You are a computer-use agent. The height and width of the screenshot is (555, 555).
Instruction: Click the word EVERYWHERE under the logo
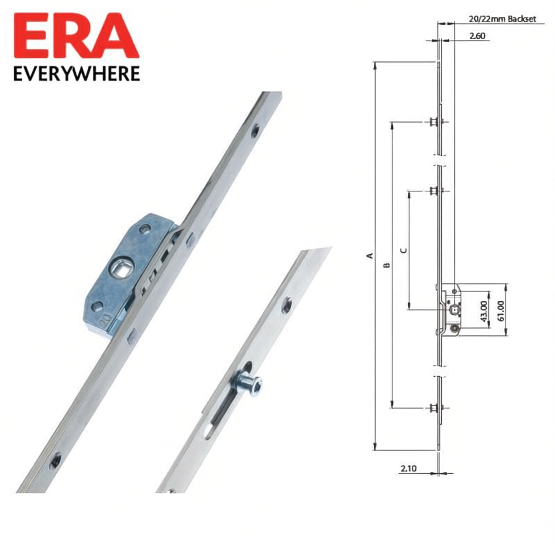(x=76, y=74)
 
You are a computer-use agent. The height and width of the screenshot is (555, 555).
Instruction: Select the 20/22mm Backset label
(x=502, y=19)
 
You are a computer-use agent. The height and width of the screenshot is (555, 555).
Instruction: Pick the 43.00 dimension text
(x=484, y=311)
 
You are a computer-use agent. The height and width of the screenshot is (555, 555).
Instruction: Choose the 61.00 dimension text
(x=500, y=311)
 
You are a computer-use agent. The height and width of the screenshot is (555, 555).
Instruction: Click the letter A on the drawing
(x=370, y=255)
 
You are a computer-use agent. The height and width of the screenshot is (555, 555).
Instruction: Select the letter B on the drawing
(x=386, y=265)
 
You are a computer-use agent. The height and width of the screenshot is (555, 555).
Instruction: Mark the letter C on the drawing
(x=403, y=250)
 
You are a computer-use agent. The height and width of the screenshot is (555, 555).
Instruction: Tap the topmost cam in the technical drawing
(x=434, y=121)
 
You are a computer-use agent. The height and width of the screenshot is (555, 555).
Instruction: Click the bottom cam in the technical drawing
(x=434, y=408)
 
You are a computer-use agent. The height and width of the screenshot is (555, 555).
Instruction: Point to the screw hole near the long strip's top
(x=255, y=130)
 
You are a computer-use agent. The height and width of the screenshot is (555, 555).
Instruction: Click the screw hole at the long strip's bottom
(x=55, y=461)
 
